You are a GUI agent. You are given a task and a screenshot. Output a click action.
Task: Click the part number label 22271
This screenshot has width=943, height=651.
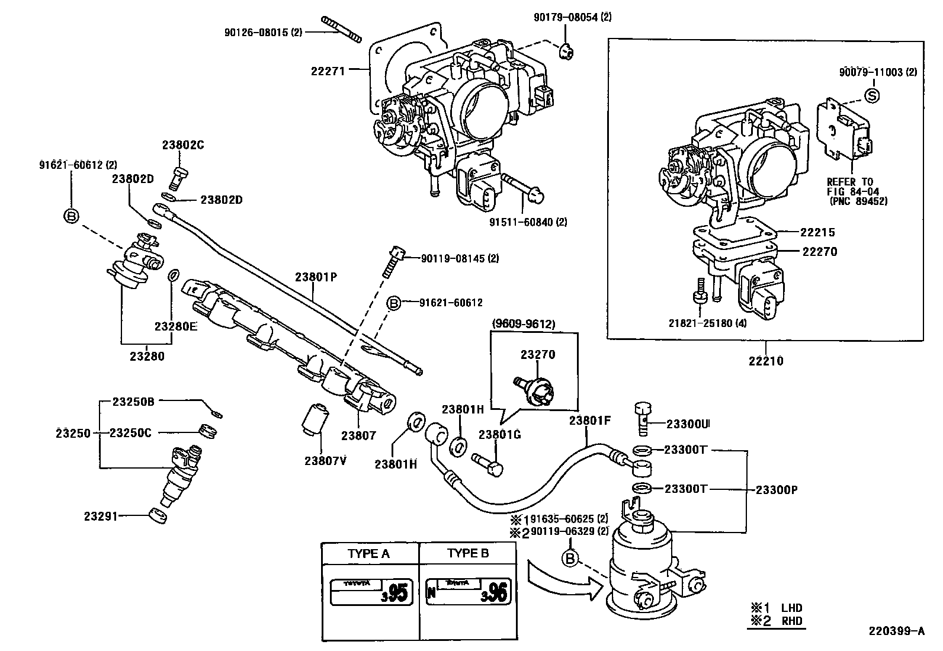point(328,71)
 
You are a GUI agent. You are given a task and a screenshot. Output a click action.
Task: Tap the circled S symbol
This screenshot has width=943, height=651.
point(872,95)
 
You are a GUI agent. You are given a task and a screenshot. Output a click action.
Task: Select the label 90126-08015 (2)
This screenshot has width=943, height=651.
point(263,33)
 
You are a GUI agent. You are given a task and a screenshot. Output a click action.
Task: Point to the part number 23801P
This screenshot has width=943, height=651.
point(316,277)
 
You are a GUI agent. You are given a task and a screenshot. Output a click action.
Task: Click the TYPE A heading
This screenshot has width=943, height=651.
point(369,553)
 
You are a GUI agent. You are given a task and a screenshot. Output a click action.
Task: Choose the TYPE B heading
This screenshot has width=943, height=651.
point(468,553)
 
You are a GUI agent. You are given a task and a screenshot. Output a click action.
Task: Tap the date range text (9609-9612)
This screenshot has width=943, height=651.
point(523,324)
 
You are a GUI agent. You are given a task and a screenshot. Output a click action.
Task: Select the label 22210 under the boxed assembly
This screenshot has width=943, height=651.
point(766,361)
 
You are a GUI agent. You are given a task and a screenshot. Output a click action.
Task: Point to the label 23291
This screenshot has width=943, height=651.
point(101,516)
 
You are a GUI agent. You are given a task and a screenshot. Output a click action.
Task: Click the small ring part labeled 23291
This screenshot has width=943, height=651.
point(158,516)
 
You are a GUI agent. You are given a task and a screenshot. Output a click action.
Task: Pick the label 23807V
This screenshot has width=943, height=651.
point(325,461)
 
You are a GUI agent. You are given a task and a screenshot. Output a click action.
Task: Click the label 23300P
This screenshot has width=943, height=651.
point(777,490)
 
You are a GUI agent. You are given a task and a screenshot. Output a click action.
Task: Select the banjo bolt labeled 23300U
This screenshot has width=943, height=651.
point(643,418)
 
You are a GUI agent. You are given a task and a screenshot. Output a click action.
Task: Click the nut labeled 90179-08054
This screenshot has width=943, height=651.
point(566,52)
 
